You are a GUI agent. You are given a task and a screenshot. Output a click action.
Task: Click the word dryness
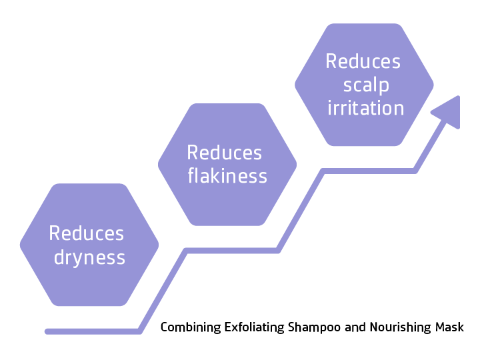(x=89, y=257)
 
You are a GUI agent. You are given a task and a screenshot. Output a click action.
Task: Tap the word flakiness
(x=227, y=176)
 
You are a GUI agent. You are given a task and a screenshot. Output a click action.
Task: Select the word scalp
(x=366, y=85)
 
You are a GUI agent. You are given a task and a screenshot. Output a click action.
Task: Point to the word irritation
(x=366, y=108)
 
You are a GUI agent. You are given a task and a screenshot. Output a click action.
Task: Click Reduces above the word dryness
(x=87, y=233)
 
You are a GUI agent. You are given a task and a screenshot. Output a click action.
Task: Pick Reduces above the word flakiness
(x=225, y=153)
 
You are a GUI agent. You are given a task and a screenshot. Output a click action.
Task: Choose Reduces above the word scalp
(x=363, y=61)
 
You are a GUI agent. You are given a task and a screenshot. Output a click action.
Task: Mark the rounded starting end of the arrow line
(x=47, y=331)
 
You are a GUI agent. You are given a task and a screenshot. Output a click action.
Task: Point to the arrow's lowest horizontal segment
(x=93, y=331)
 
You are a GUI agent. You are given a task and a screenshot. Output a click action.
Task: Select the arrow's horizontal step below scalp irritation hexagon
(x=370, y=171)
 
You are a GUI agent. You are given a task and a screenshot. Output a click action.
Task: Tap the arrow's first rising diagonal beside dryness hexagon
(x=163, y=290)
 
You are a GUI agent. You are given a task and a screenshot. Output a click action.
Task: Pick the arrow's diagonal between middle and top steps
(x=301, y=211)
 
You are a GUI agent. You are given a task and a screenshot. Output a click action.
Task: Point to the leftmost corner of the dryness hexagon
(x=20, y=245)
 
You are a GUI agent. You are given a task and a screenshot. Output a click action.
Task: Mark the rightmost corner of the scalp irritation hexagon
(x=434, y=85)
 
